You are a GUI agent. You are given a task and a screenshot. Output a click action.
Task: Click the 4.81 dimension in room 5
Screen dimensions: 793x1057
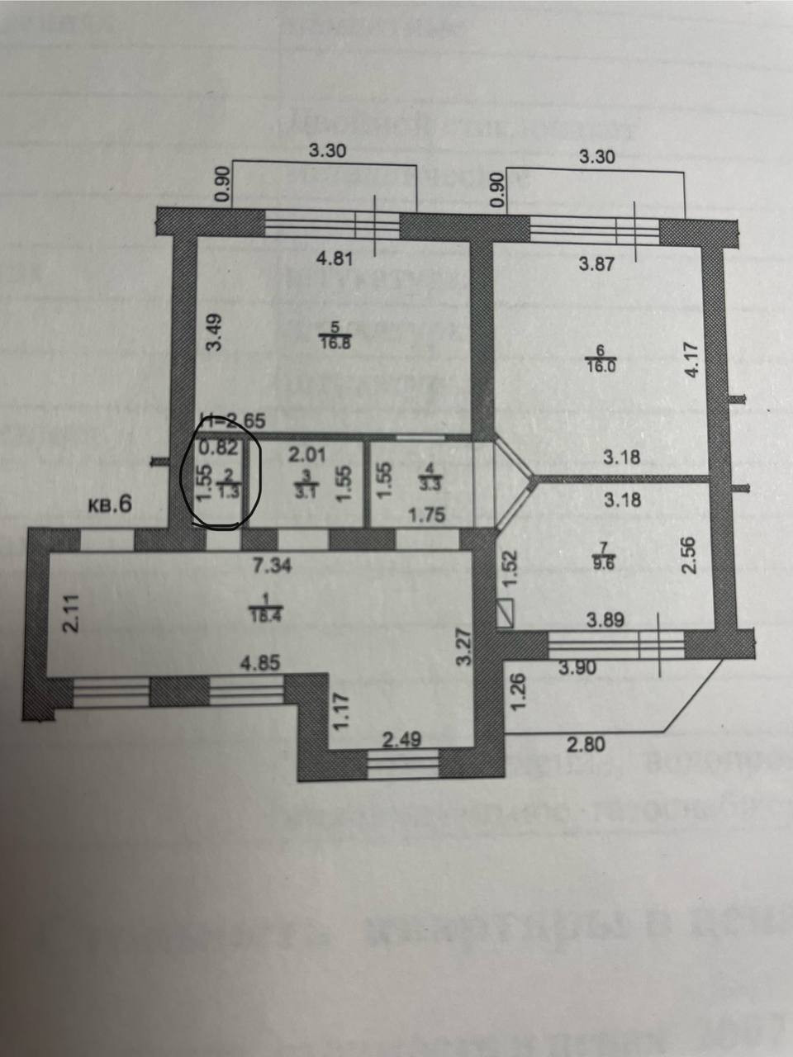click(x=335, y=258)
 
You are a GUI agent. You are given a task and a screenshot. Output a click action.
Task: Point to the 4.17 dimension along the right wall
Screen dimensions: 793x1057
click(x=693, y=360)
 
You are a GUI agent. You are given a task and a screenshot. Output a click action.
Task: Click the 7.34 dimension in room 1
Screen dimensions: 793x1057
click(x=273, y=566)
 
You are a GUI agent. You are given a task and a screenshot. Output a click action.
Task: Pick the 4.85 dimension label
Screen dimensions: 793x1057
click(x=258, y=662)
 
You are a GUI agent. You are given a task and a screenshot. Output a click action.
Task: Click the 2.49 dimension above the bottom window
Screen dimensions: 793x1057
click(x=403, y=740)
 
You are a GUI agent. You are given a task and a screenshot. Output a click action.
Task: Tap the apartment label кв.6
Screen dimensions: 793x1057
click(x=109, y=505)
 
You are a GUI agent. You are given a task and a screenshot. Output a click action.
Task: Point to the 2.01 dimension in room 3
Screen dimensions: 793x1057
click(x=306, y=454)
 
